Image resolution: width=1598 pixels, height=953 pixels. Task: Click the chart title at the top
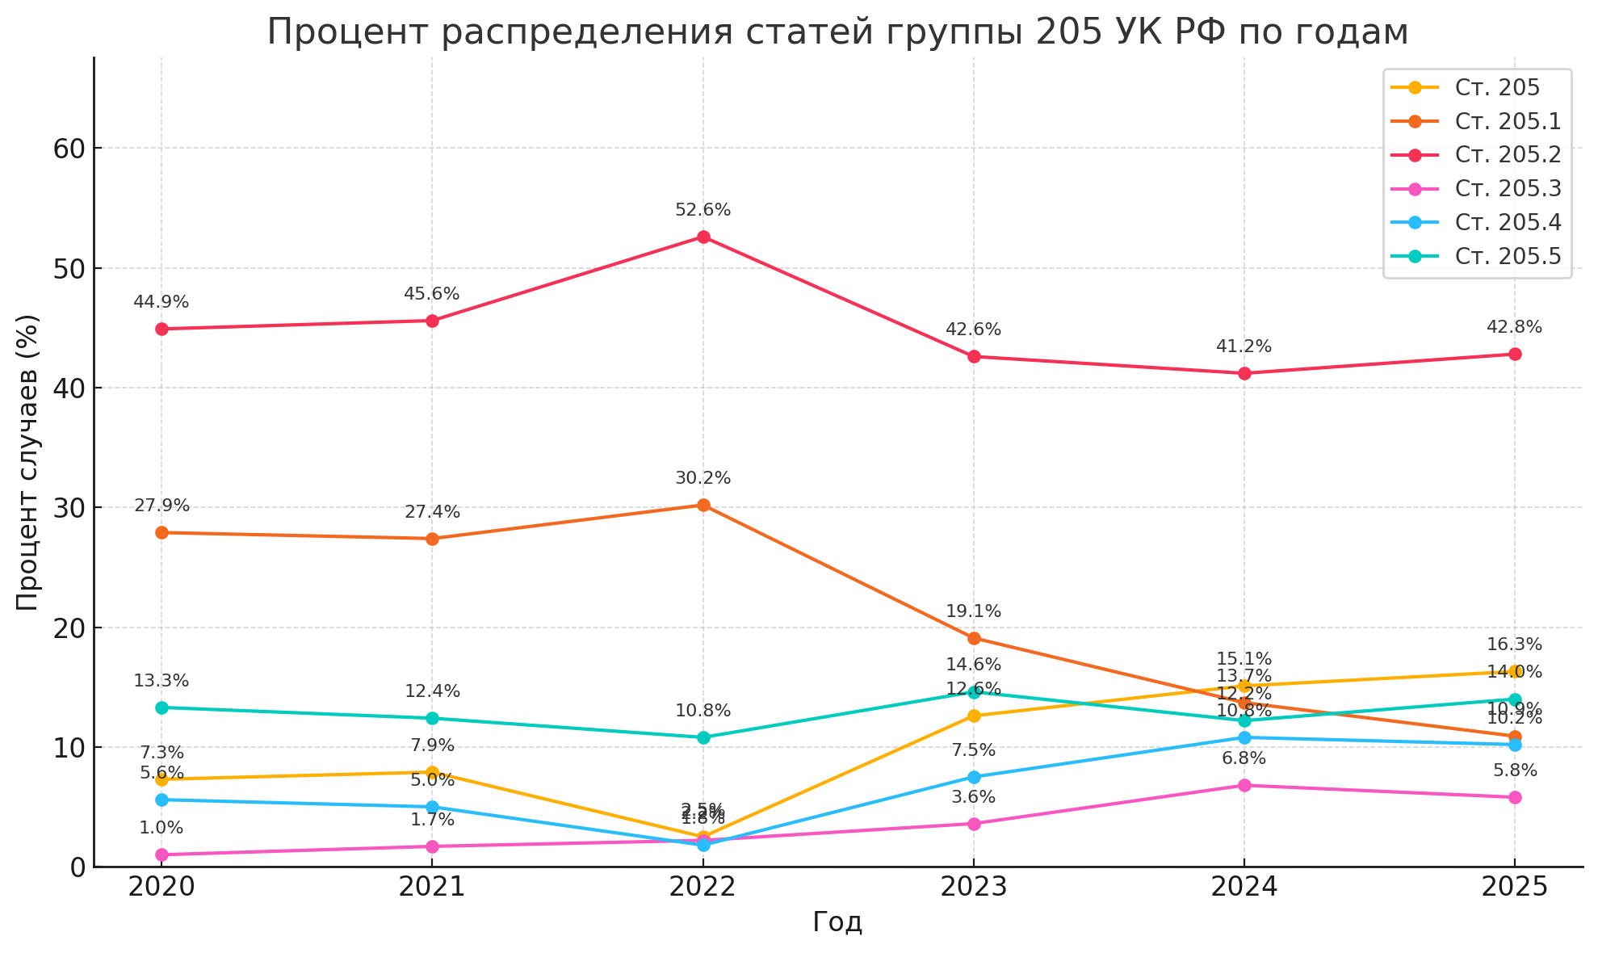[837, 32]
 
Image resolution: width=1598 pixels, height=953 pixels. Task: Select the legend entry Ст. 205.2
[1508, 154]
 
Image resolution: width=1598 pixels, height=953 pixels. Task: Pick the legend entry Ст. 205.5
[1508, 256]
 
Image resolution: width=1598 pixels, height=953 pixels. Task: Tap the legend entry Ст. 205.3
[1508, 188]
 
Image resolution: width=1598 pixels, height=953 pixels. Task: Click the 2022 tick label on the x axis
[703, 888]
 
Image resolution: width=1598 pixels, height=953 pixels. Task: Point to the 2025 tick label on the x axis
[1514, 888]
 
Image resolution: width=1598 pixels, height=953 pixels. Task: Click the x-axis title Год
[837, 922]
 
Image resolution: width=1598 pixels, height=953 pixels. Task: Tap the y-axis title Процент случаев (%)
[27, 463]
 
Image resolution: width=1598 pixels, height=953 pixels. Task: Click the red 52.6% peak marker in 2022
[703, 237]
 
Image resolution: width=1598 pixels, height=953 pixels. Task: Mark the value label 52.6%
[703, 210]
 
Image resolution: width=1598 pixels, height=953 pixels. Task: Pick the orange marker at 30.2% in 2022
[703, 505]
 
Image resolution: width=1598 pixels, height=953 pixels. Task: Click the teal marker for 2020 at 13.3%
[161, 707]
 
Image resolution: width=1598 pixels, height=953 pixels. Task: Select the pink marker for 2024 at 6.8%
[1244, 785]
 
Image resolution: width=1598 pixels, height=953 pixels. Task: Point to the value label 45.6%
[431, 294]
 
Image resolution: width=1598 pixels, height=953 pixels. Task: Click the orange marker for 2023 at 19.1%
[974, 638]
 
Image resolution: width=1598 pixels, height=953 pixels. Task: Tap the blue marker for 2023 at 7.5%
[974, 777]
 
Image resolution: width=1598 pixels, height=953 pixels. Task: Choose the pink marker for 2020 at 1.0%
[161, 854]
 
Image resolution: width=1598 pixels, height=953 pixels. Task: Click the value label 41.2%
[1244, 346]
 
